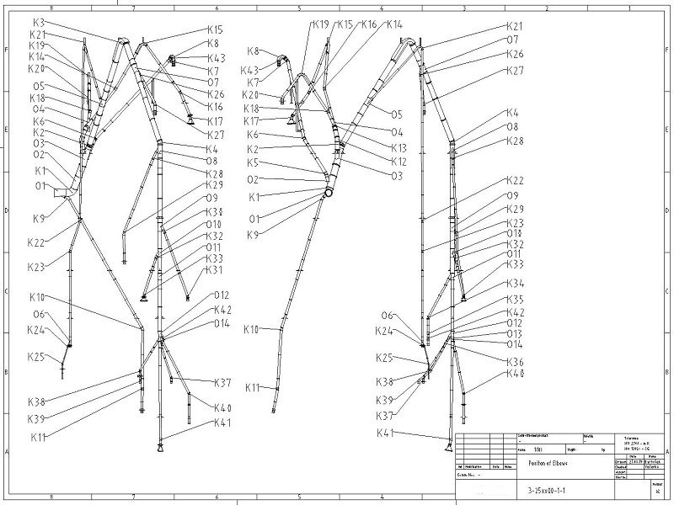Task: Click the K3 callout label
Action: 39,22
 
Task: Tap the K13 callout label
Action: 399,147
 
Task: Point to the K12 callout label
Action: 399,161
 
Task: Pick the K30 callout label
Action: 214,211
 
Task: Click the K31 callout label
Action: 214,270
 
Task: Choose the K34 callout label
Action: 516,284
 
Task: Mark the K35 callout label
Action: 516,300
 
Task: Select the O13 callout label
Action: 515,333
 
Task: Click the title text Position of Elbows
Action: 548,463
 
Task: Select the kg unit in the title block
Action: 604,450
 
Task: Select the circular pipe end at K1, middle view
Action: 328,193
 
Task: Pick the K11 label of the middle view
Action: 253,387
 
